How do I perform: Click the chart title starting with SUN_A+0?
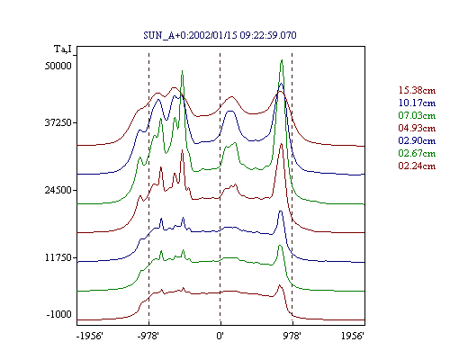220,35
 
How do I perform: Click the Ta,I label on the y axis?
63,49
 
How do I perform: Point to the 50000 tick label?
58,66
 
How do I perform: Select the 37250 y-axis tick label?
58,122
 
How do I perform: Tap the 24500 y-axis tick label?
58,190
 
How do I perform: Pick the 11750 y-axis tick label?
58,257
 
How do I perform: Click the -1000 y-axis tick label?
59,314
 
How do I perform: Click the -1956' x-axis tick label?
90,336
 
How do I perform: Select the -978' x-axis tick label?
148,336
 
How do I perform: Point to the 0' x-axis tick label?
220,336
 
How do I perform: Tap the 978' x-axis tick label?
292,336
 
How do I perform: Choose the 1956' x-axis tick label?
353,336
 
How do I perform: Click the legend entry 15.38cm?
417,90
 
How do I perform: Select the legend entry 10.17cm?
417,103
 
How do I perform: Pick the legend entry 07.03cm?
417,115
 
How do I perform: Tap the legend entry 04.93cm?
417,128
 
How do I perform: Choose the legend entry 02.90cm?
417,140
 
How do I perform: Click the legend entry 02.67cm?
417,153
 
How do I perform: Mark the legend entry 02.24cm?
417,166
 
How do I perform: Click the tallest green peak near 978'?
282,60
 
